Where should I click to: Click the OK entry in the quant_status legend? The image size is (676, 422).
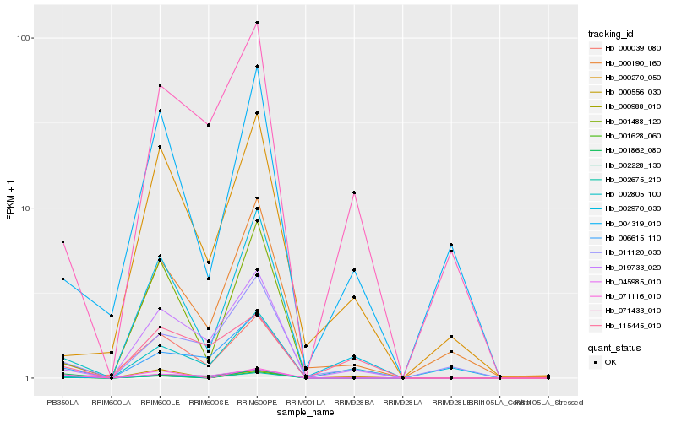(x=622, y=361)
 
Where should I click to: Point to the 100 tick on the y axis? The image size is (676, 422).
(x=25, y=38)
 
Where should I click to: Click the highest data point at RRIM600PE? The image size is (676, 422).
(x=257, y=23)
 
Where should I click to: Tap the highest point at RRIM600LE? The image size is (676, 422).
(x=160, y=85)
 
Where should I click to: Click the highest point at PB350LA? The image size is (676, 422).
(x=63, y=241)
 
